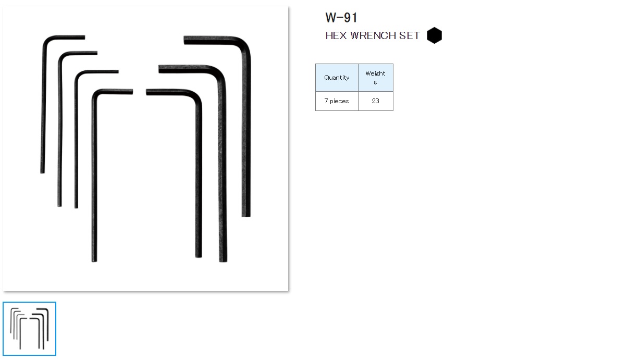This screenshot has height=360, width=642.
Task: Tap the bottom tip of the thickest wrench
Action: click(246, 215)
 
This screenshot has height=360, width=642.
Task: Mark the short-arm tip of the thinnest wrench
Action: click(83, 38)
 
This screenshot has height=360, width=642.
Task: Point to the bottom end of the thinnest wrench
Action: click(42, 171)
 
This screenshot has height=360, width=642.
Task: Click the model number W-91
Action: click(341, 18)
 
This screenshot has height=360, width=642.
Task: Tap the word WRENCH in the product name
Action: click(374, 36)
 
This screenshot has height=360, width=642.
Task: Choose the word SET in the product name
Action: click(410, 36)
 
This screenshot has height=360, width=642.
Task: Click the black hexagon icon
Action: click(434, 35)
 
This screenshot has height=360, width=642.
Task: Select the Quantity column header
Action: click(337, 78)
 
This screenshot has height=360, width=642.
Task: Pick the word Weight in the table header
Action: click(375, 73)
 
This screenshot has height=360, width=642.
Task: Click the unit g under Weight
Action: click(375, 82)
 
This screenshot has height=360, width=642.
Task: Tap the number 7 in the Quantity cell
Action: click(326, 101)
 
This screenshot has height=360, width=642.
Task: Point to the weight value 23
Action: click(375, 101)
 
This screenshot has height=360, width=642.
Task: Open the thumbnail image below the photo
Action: click(29, 329)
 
